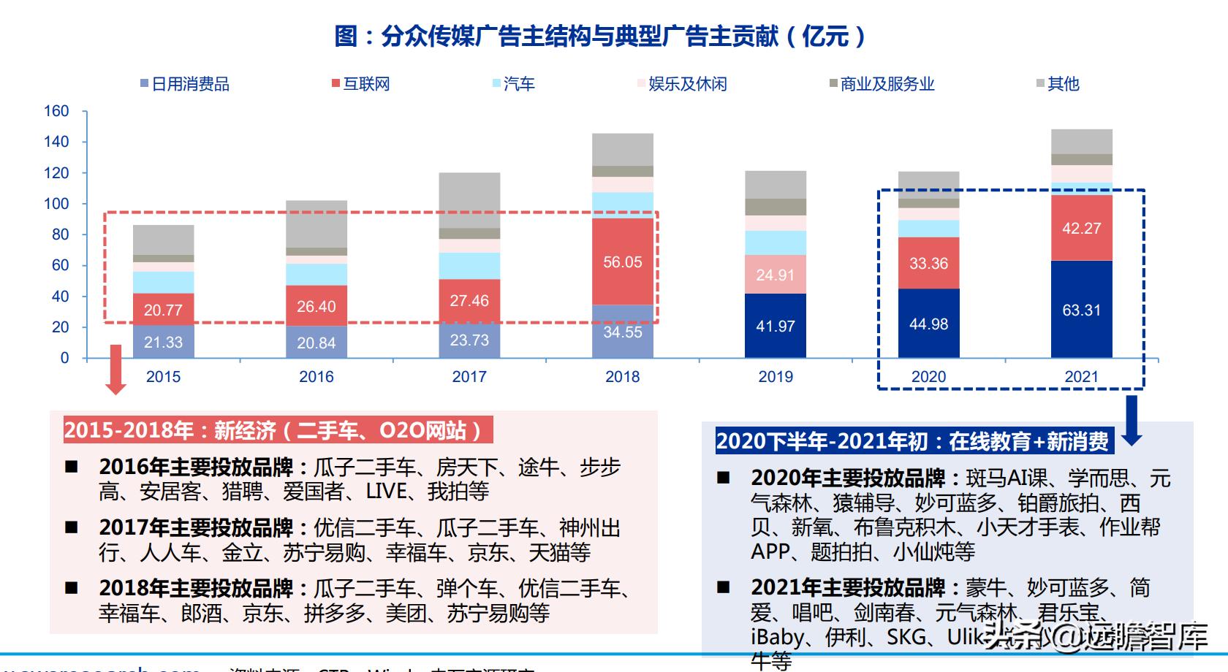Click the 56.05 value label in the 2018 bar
pyautogui.click(x=622, y=262)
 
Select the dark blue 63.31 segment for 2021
pyautogui.click(x=1081, y=310)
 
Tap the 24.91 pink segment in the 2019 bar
pyautogui.click(x=775, y=275)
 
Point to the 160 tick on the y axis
pyautogui.click(x=56, y=111)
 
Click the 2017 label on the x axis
pyautogui.click(x=469, y=377)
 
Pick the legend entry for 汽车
pyautogui.click(x=513, y=84)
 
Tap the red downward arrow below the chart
pyautogui.click(x=115, y=370)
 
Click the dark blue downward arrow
pyautogui.click(x=1132, y=421)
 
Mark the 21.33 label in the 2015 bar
pyautogui.click(x=163, y=343)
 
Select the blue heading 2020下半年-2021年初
pyautogui.click(x=912, y=441)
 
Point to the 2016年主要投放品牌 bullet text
pyautogui.click(x=196, y=467)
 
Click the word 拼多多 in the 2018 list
pyautogui.click(x=334, y=614)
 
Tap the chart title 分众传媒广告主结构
pyautogui.click(x=599, y=36)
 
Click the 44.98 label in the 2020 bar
pyautogui.click(x=928, y=324)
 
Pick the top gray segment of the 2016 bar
pyautogui.click(x=317, y=224)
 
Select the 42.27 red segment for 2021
pyautogui.click(x=1081, y=228)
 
